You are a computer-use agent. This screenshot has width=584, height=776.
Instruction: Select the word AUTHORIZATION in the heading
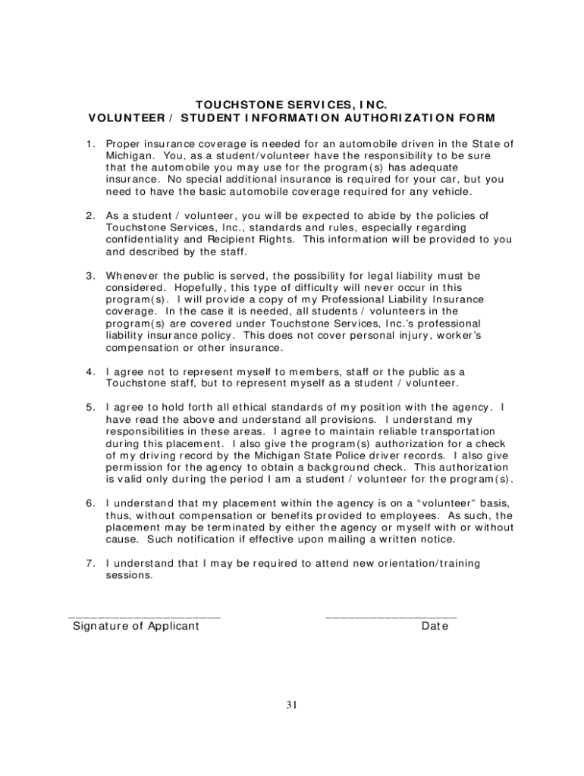[x=429, y=117]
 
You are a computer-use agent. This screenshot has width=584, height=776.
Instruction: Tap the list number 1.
[x=90, y=143]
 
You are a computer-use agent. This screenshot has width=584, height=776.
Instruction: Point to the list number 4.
[x=90, y=371]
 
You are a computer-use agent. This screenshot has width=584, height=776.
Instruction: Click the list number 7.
[x=90, y=563]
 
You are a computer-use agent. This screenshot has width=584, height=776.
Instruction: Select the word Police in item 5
[x=347, y=455]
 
